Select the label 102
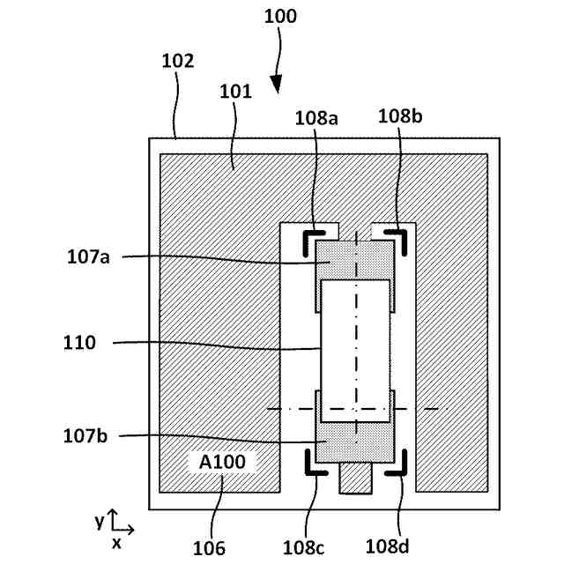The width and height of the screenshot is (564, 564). (178, 62)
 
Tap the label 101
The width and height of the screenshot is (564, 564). (235, 91)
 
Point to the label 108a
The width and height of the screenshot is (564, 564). (316, 117)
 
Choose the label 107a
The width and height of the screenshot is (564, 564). (90, 257)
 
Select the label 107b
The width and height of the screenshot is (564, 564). (90, 435)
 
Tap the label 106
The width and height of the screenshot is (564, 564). (209, 547)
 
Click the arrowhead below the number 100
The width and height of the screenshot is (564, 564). (277, 85)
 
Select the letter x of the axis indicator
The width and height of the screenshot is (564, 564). (116, 543)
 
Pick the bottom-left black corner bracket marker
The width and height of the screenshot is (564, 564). (311, 464)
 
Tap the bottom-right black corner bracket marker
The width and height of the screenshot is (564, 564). (398, 464)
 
